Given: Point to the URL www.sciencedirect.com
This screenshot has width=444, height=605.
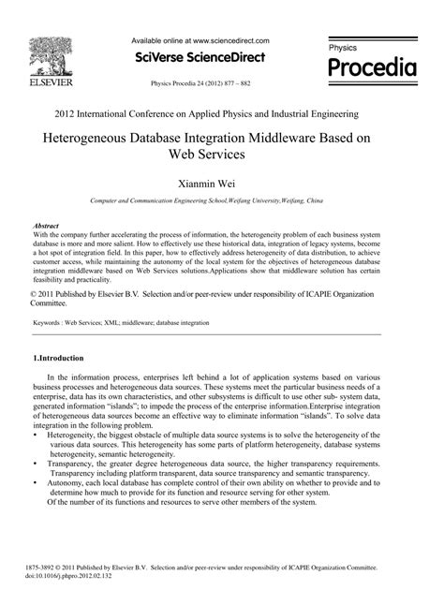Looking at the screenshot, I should [230, 41].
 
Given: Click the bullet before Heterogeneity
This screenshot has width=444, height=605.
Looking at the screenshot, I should [36, 435].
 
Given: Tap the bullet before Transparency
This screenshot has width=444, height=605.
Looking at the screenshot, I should [36, 463].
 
